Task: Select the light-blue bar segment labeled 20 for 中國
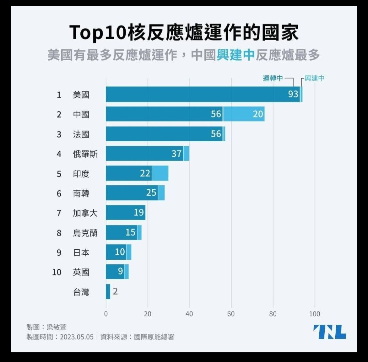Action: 244,114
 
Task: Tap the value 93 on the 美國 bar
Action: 293,94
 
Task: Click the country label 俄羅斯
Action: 85,154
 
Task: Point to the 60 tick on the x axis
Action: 231,314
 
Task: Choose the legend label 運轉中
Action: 273,78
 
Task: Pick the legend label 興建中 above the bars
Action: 315,78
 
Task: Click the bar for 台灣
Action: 108,292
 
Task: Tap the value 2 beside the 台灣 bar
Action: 115,292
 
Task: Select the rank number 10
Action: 57,272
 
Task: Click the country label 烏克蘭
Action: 85,233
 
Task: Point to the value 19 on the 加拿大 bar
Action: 139,213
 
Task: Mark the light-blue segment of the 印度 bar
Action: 160,173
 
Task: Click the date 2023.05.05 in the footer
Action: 77,337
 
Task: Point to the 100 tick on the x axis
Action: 315,314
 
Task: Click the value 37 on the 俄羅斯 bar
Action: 177,154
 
